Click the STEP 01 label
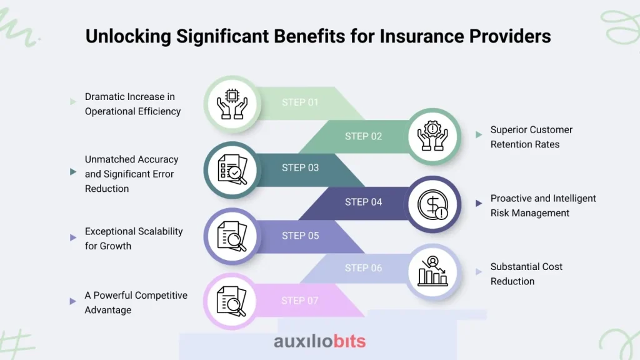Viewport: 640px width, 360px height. [300, 102]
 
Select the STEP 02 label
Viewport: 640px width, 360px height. [363, 136]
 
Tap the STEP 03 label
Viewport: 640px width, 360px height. [300, 167]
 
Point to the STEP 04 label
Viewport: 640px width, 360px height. [363, 202]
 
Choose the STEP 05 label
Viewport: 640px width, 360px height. [300, 236]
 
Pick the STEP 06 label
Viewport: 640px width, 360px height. [363, 268]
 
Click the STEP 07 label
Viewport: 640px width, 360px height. [299, 301]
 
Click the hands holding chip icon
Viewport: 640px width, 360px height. [232, 104]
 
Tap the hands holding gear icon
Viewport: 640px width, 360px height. [432, 136]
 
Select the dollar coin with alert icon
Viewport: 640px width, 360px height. [433, 204]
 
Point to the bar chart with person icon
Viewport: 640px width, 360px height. [432, 271]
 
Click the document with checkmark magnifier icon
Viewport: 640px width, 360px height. [232, 170]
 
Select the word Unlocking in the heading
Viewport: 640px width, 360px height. [128, 37]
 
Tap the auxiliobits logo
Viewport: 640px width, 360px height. [319, 341]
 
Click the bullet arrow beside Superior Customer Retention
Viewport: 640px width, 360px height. [479, 135]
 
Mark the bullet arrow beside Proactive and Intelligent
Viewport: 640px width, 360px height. [479, 203]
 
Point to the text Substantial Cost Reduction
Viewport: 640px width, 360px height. [526, 274]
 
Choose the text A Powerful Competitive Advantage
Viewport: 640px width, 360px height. [136, 302]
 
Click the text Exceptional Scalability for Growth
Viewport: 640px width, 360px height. [134, 238]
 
